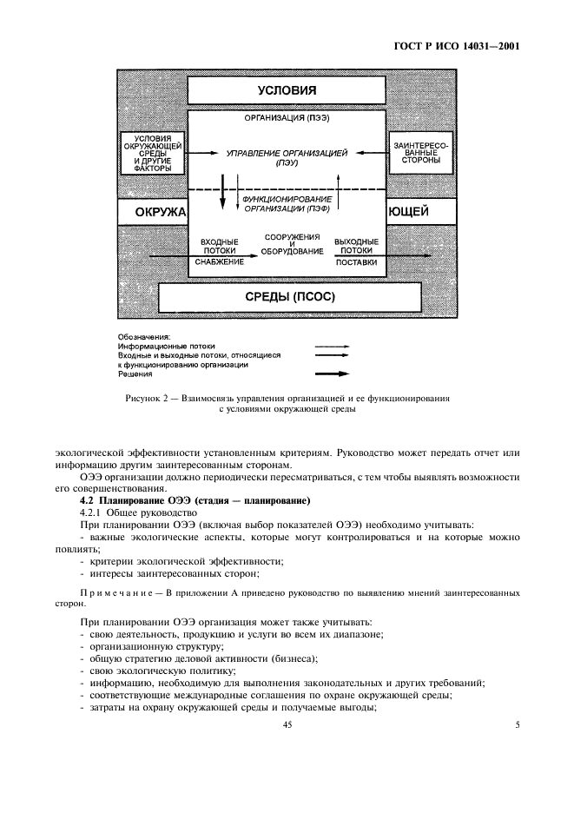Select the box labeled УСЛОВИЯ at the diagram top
[x=286, y=90]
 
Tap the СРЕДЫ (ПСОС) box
[x=286, y=297]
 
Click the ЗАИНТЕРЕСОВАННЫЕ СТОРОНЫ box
[x=422, y=154]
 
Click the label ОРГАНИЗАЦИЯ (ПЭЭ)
[x=286, y=117]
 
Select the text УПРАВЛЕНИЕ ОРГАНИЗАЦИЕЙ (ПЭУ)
[x=286, y=157]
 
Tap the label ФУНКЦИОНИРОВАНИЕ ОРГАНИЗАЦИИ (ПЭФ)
[x=286, y=203]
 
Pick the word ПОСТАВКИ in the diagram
[x=356, y=261]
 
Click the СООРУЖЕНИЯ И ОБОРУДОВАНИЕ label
[x=292, y=246]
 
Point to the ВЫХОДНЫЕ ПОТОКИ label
[x=356, y=246]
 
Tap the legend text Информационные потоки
[x=167, y=346]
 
